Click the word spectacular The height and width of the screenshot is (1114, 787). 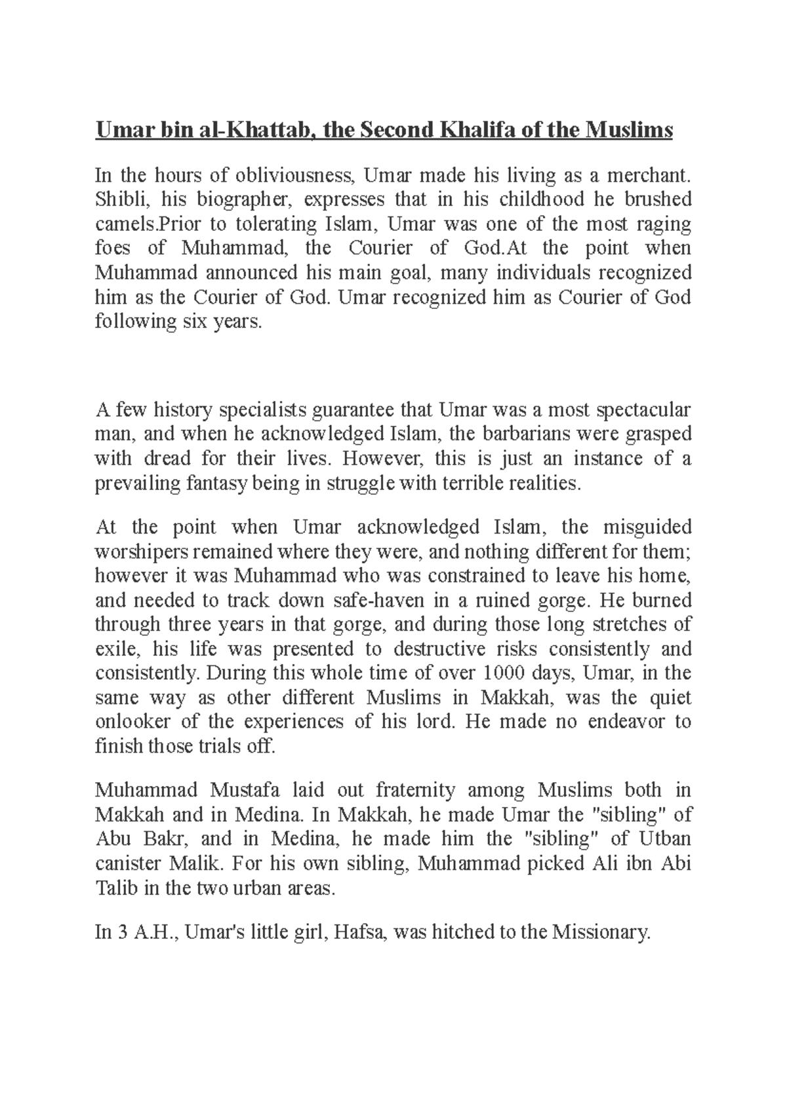click(643, 410)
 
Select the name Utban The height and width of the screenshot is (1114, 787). click(666, 839)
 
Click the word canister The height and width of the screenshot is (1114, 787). click(127, 863)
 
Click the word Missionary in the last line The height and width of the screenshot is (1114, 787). click(600, 932)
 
